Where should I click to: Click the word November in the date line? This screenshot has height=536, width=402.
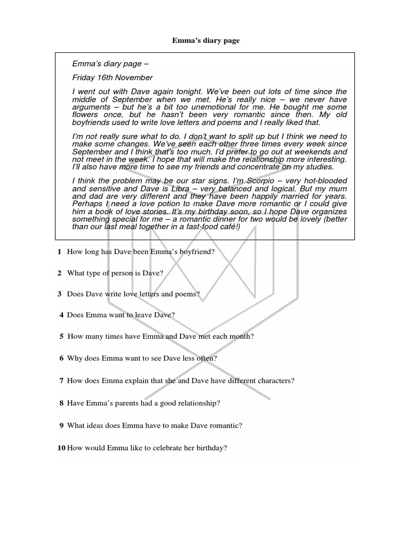(133, 77)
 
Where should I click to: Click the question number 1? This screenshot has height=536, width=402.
(60, 252)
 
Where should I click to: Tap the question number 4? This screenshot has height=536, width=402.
(62, 315)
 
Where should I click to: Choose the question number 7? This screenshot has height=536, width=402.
(62, 381)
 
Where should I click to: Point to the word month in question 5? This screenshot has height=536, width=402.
(240, 336)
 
